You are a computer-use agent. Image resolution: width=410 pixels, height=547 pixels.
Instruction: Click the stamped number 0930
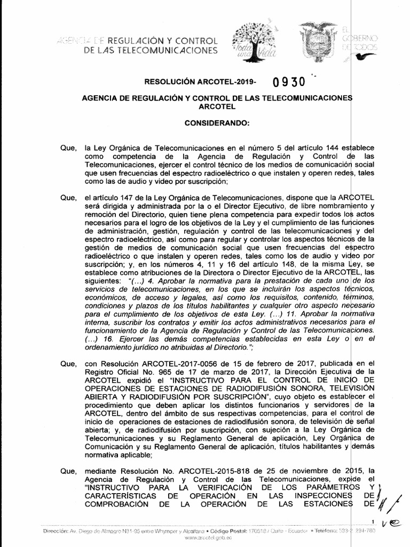(288, 83)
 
